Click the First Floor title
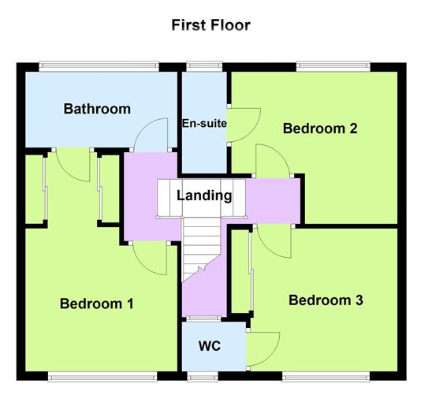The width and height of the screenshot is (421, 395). pos(210,24)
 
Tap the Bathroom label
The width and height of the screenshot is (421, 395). pos(97,109)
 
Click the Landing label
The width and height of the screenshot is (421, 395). pos(204,196)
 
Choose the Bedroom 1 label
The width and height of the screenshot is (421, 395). pos(97,304)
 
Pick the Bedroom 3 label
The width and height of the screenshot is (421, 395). pos(326,300)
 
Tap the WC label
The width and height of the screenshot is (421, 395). pos(209,346)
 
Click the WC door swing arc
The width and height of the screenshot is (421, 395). pos(264,348)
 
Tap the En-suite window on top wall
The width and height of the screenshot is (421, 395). pos(203,64)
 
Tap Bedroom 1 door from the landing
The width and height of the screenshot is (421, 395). pos(150,259)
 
